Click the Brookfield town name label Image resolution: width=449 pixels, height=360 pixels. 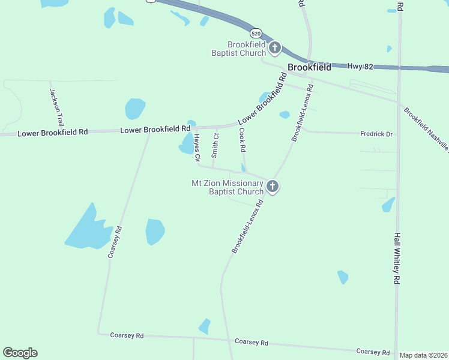click(x=309, y=67)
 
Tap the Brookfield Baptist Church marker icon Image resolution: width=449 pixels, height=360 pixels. click(x=275, y=48)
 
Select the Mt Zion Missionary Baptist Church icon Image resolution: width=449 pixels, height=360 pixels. click(x=273, y=187)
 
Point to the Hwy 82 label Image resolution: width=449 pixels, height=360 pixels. click(x=360, y=66)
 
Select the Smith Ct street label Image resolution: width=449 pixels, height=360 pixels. click(x=215, y=142)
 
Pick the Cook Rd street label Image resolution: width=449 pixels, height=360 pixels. click(x=243, y=140)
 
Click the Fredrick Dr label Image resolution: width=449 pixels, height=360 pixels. click(x=376, y=134)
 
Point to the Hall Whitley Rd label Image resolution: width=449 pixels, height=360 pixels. click(x=397, y=259)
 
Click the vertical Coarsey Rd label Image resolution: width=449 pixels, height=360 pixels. click(x=115, y=242)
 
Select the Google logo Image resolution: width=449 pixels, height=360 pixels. click(x=20, y=353)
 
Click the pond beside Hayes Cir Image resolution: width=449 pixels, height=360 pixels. click(x=185, y=144)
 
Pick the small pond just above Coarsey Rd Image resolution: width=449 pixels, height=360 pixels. click(x=205, y=326)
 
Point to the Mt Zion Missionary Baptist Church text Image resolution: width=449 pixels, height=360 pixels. click(x=228, y=187)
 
